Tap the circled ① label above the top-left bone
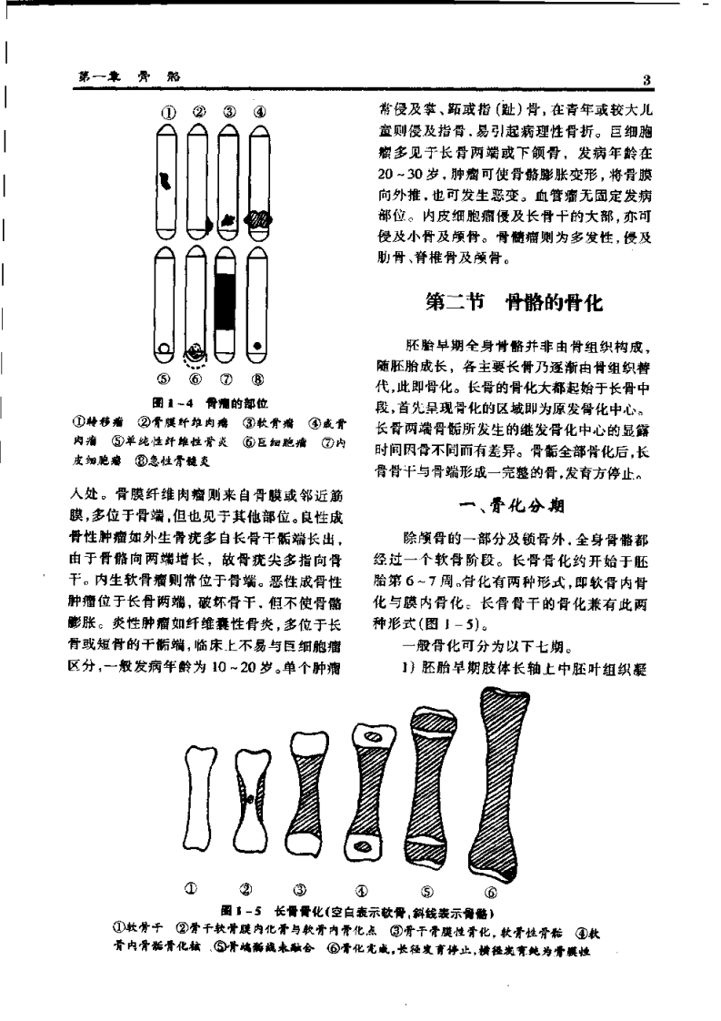pyautogui.click(x=167, y=114)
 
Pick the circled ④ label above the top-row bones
pyautogui.click(x=260, y=114)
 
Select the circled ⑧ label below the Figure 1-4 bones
pyautogui.click(x=260, y=382)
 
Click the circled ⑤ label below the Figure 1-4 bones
pyautogui.click(x=167, y=382)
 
